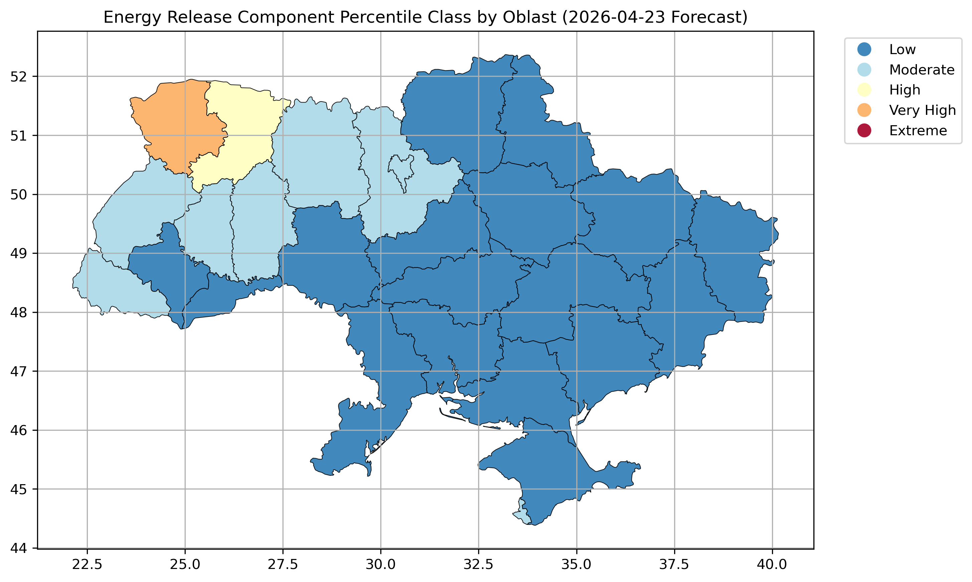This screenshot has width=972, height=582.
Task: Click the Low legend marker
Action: [864, 49]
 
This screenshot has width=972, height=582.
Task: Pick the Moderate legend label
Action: [922, 70]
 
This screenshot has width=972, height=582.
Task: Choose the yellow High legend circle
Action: [864, 90]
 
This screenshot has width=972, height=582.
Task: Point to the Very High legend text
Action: [922, 110]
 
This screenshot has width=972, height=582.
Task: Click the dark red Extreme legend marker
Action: [864, 131]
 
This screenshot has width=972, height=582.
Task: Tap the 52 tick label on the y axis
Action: [18, 76]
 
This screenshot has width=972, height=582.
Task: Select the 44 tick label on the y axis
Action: [18, 548]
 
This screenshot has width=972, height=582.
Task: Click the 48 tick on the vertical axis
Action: [18, 313]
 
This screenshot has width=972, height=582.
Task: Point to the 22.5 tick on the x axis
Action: [87, 565]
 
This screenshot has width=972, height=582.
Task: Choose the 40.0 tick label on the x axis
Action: [772, 565]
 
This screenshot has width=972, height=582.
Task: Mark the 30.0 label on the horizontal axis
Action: [380, 565]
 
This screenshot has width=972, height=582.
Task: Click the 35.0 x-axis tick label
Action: [576, 565]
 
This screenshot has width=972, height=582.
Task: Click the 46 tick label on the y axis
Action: [18, 430]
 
